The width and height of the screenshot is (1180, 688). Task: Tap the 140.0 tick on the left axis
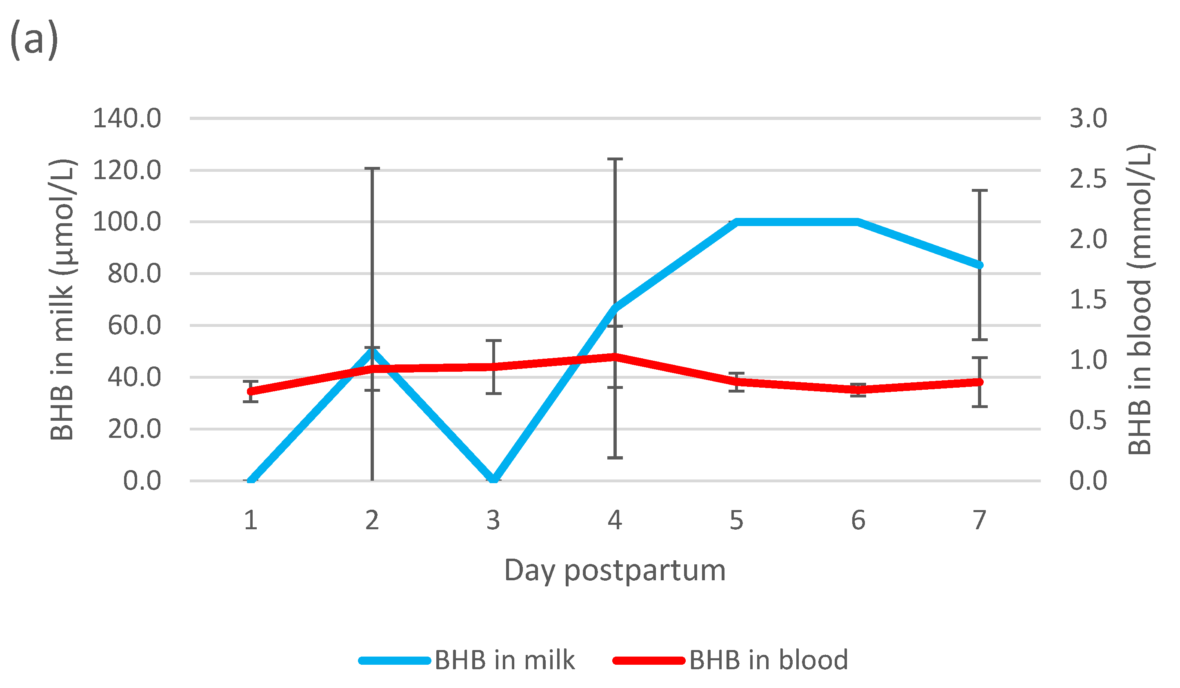pos(127,118)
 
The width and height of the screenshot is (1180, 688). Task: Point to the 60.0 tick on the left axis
pos(134,325)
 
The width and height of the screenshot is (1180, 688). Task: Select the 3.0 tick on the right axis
pos(1088,118)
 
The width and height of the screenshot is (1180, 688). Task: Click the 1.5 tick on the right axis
pos(1088,300)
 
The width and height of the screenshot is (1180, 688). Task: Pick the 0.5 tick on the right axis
pos(1088,420)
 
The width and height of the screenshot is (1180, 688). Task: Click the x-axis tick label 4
pos(615,520)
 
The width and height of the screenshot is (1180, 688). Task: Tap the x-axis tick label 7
pos(980,520)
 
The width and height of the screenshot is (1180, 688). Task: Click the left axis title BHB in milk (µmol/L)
pos(62,300)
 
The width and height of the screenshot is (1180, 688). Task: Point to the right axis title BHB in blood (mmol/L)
pos(1140,300)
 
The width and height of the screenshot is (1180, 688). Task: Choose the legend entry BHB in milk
pos(504,660)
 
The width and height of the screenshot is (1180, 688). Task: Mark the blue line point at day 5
pos(737,222)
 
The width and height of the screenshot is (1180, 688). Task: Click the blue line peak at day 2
pos(372,350)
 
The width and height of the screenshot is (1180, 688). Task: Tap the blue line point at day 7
pos(980,265)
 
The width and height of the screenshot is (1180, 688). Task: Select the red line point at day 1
pos(251,392)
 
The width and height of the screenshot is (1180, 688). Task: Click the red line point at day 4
pos(615,357)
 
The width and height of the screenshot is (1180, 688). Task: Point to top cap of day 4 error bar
pos(615,159)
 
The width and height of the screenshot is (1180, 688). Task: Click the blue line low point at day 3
pos(493,479)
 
